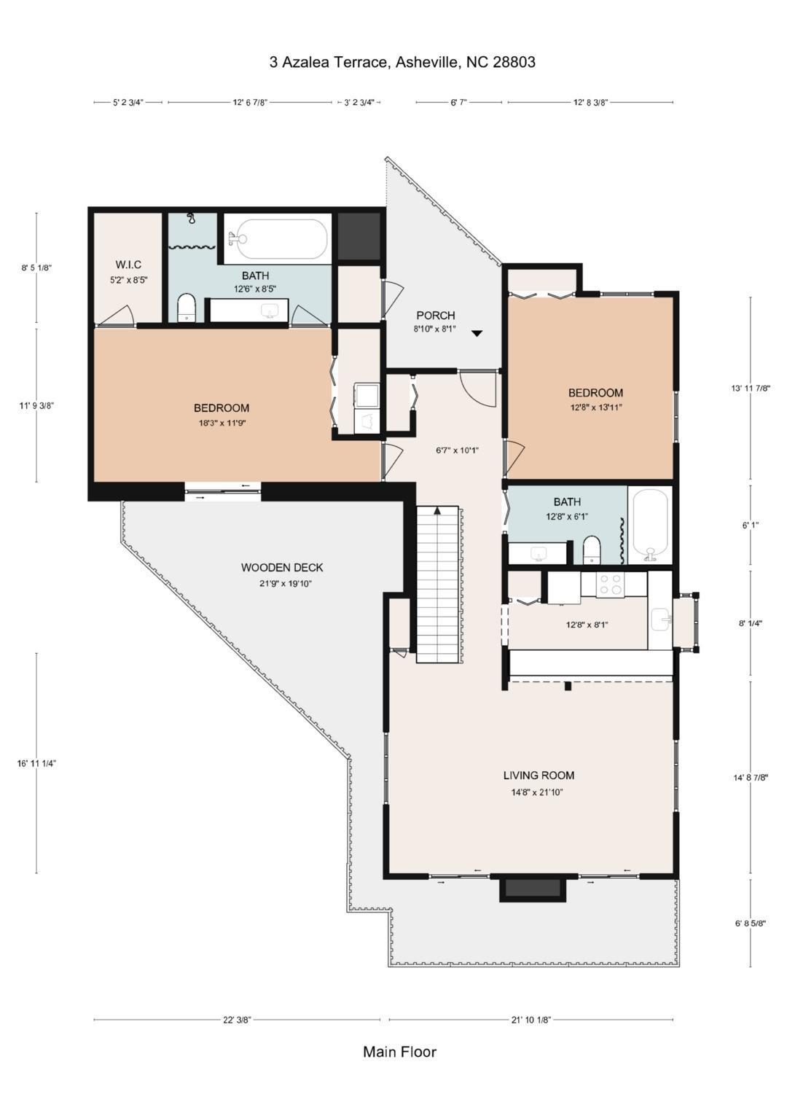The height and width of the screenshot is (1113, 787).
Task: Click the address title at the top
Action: [x=402, y=62]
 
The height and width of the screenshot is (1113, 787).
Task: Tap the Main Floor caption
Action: [x=399, y=1052]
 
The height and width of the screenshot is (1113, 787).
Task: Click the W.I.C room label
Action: [x=128, y=265]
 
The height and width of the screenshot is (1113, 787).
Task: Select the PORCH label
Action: [x=436, y=315]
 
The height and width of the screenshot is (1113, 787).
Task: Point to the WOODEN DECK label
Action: [x=282, y=567]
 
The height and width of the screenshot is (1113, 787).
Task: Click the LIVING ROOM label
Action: [x=539, y=775]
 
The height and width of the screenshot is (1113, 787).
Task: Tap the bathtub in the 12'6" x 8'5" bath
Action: [x=277, y=239]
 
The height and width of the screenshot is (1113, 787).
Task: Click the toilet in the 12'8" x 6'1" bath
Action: [x=591, y=550]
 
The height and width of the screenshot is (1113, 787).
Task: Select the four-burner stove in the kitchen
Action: [x=610, y=584]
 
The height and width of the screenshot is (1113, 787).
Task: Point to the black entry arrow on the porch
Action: [x=477, y=334]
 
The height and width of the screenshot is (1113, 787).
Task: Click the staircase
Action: [x=436, y=585]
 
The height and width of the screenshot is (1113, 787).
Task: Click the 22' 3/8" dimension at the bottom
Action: [x=237, y=1020]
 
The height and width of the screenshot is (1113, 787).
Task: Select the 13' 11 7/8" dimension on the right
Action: [x=751, y=388]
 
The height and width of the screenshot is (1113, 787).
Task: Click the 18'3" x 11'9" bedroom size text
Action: [x=221, y=423]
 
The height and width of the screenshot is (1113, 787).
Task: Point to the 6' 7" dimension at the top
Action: [x=458, y=102]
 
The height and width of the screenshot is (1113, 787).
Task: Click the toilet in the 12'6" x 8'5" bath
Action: [x=187, y=308]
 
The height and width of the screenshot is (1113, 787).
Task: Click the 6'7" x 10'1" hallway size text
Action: [x=457, y=450]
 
